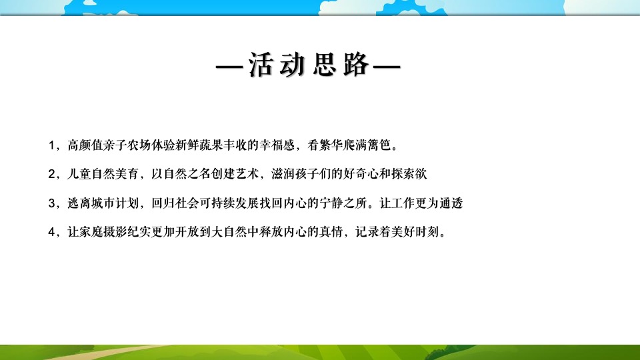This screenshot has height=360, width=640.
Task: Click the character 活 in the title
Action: (263, 65)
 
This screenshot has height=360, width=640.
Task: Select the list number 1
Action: (52, 145)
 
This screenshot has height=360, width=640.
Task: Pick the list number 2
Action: (52, 174)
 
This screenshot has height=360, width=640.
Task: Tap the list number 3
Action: (52, 203)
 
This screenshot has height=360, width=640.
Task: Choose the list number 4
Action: (52, 233)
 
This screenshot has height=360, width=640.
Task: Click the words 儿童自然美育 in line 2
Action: (101, 174)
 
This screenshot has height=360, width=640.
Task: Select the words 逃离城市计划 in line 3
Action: (101, 203)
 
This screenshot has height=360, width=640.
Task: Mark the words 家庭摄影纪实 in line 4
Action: (112, 233)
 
